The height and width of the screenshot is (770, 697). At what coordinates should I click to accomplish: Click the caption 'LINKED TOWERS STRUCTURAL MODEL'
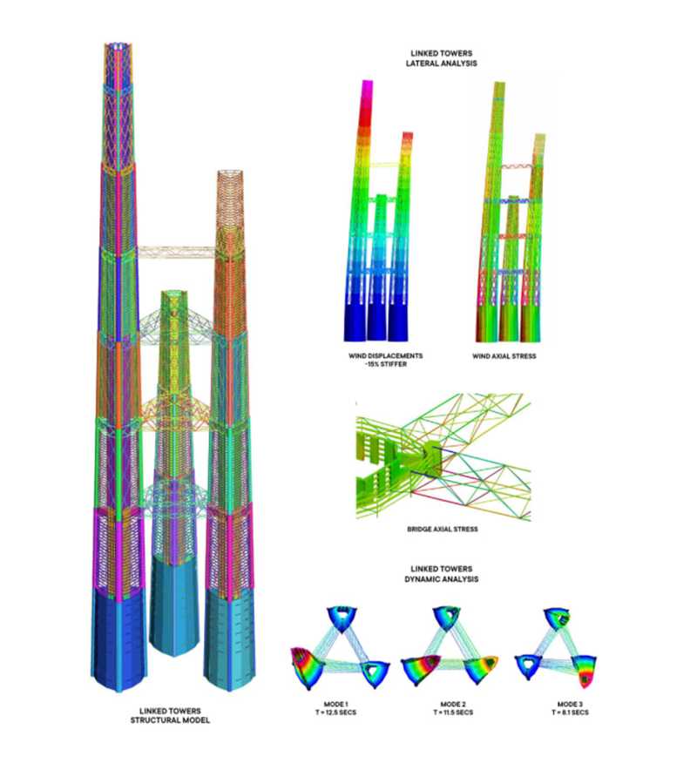[x=170, y=715]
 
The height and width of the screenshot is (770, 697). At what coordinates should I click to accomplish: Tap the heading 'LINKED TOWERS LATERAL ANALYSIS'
[x=441, y=58]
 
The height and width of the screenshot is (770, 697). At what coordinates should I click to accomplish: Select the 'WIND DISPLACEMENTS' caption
[x=386, y=355]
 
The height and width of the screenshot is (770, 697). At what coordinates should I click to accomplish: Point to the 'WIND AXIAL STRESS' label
[x=504, y=356]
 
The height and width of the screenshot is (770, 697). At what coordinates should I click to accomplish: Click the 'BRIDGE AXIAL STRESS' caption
[x=442, y=529]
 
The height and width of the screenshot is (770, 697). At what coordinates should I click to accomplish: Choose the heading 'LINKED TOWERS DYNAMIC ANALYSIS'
[x=441, y=573]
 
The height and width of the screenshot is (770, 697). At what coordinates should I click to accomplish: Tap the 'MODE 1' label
[x=336, y=704]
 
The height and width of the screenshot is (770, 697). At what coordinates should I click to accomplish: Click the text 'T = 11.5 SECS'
[x=453, y=712]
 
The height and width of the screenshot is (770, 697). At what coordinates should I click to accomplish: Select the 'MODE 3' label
[x=570, y=704]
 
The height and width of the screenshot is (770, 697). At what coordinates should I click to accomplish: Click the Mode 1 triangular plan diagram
[x=341, y=648]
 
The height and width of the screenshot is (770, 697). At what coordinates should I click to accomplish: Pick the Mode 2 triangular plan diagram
[x=450, y=647]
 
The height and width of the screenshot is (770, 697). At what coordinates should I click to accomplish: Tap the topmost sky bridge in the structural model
[x=176, y=253]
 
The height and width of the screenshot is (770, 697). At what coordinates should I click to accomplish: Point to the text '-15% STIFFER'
[x=386, y=364]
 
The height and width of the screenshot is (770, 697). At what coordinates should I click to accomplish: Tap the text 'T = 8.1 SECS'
[x=570, y=712]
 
